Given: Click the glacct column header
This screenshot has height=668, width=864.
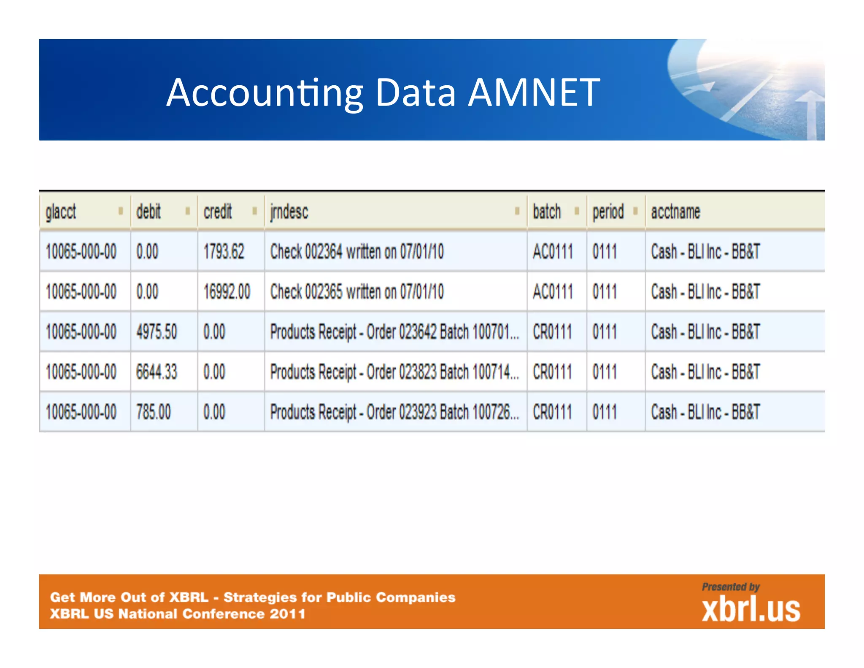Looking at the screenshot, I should pos(61,212).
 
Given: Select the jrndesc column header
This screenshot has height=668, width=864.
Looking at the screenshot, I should pos(289,212).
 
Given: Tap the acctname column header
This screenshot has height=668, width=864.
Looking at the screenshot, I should pos(675,212).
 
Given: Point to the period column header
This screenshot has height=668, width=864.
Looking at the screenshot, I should pos(608,212).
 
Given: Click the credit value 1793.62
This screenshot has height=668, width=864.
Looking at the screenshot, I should pos(224,252).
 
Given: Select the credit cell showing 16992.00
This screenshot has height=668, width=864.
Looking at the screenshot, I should pos(227,292).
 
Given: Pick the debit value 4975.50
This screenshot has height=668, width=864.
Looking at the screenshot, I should pos(157,332).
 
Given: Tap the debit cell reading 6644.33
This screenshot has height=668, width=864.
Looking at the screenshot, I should pos(157,372).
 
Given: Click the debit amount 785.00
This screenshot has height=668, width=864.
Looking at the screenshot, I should pos(154,412).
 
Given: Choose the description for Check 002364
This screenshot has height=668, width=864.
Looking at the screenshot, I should pos(357,252).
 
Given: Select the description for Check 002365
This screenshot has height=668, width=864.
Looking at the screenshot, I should pos(357,292).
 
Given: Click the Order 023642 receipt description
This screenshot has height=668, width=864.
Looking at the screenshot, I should pos(394,332).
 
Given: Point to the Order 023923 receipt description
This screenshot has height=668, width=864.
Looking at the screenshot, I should pos(394,412).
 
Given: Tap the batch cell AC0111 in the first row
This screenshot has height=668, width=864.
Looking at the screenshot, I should pos(553,252).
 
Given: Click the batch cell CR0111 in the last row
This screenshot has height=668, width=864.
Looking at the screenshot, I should pos(553,412).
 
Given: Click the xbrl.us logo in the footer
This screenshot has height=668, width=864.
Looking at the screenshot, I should pos(751,609).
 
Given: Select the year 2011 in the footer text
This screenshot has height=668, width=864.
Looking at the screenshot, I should pos(288,614).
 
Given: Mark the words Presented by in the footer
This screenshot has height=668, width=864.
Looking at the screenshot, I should pos(731,587).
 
